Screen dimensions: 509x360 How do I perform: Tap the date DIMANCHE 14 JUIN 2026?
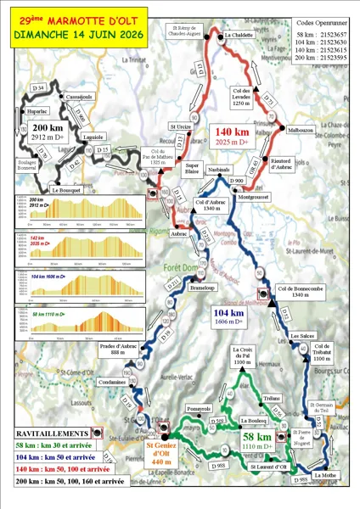click(x=76, y=36)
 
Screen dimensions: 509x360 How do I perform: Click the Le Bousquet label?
click(x=65, y=190)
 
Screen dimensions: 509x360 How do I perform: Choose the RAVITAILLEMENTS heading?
click(x=53, y=432)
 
